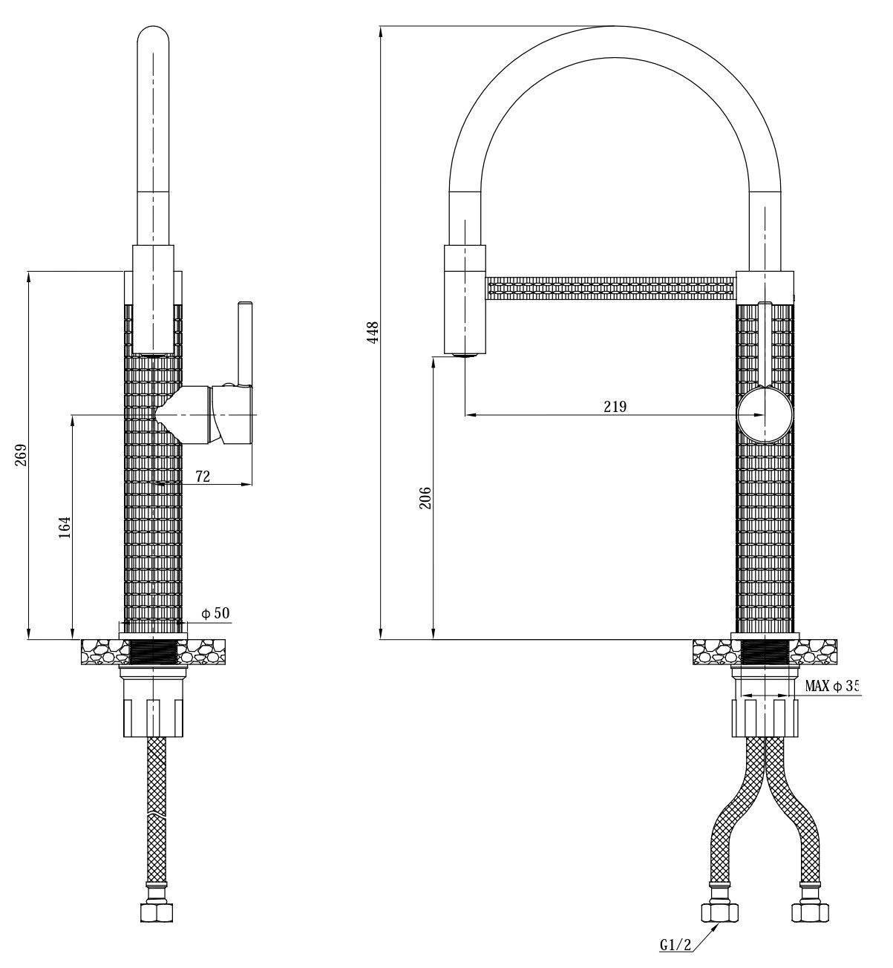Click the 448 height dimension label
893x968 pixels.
[x=373, y=331]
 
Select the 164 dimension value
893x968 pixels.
[x=65, y=526]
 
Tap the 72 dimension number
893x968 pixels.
[x=203, y=477]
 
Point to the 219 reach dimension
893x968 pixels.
[x=615, y=406]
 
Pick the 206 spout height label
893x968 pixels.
[x=425, y=497]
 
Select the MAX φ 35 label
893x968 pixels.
[x=831, y=687]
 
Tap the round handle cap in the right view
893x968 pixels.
[x=765, y=413]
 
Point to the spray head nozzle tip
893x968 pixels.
[x=465, y=356]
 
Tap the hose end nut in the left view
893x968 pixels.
[x=156, y=912]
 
